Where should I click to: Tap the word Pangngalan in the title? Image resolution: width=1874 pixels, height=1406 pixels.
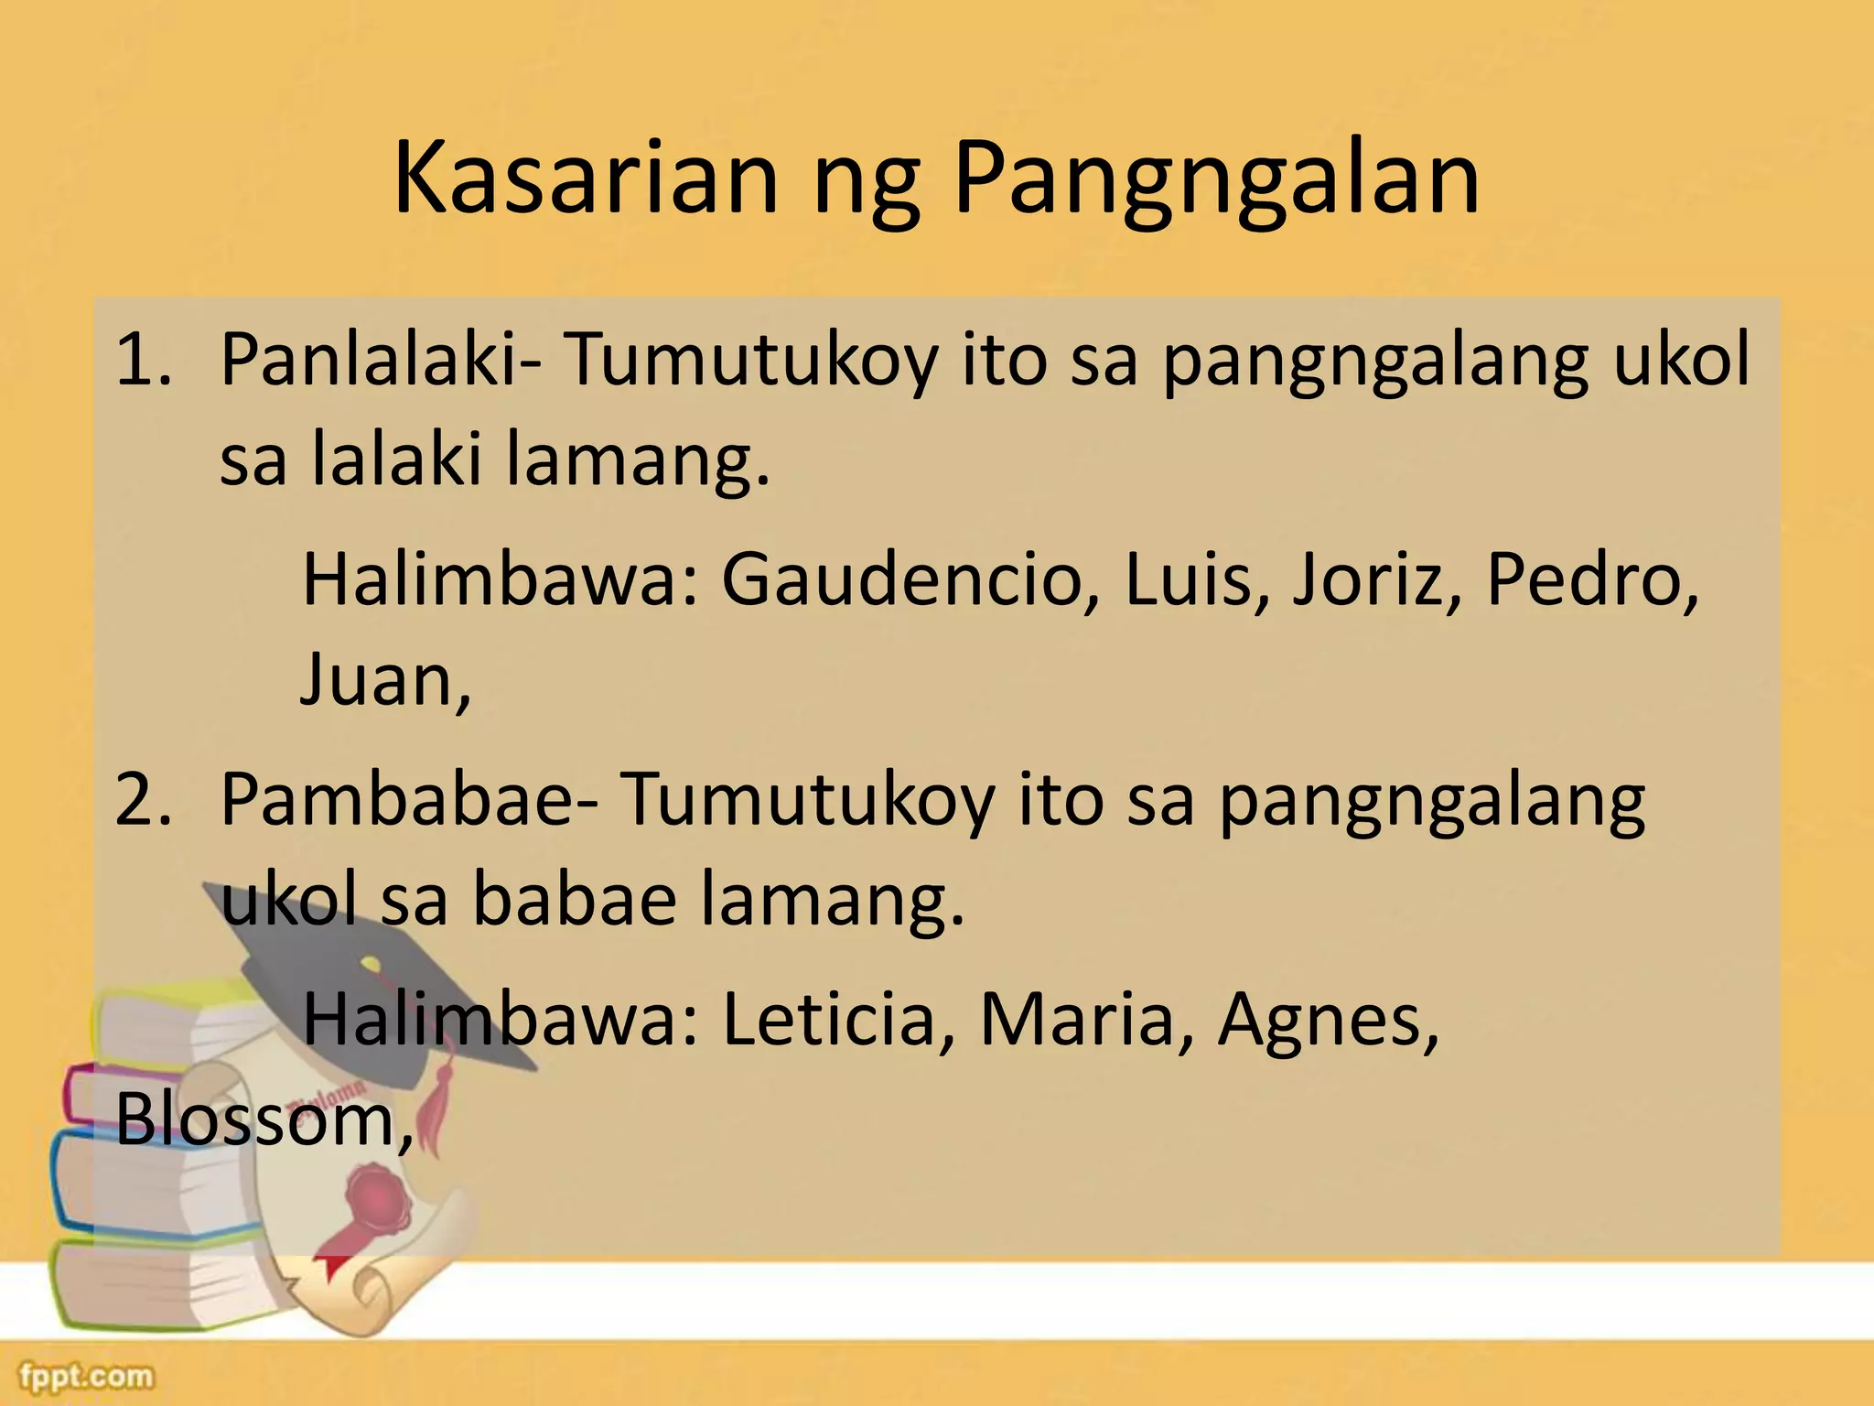click(x=1216, y=183)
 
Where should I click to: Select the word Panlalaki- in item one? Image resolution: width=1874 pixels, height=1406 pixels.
click(x=379, y=360)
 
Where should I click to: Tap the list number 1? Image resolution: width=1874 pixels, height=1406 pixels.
click(x=143, y=360)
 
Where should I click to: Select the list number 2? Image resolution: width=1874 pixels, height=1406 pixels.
click(x=143, y=800)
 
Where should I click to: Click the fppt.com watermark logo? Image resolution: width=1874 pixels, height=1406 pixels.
click(x=88, y=1376)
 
